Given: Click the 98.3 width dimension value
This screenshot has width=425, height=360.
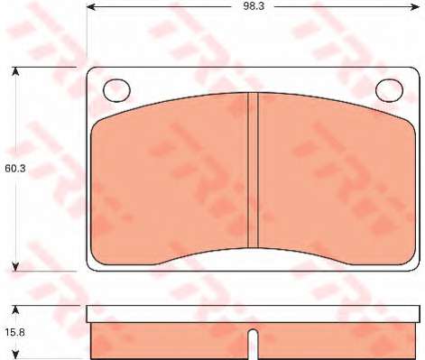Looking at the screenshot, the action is click(x=254, y=6).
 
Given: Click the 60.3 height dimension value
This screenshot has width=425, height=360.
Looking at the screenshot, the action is click(x=14, y=169).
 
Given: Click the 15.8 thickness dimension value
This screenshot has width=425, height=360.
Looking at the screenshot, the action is click(x=14, y=332).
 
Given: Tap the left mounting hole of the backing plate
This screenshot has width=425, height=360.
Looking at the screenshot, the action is click(x=116, y=90).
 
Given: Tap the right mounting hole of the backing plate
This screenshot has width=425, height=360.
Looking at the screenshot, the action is click(x=389, y=90).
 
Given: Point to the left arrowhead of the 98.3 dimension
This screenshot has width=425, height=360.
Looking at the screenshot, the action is click(x=90, y=6).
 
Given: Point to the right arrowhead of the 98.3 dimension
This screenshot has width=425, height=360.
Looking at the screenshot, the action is click(x=415, y=6).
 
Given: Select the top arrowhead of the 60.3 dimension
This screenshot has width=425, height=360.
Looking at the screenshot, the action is click(x=15, y=71).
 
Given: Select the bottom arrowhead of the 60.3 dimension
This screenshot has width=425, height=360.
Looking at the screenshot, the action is click(x=15, y=266).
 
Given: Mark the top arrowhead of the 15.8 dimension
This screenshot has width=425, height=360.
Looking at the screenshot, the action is click(x=15, y=309).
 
